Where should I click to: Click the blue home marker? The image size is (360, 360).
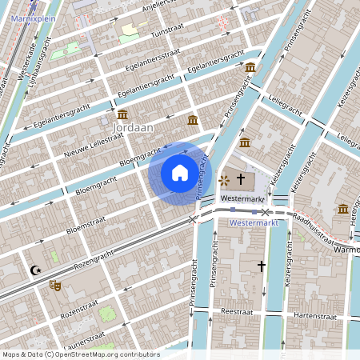click(180, 173)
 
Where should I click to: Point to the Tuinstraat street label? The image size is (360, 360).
click(168, 30)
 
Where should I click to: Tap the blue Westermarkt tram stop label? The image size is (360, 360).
click(253, 222)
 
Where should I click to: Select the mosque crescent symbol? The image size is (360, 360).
click(35, 270)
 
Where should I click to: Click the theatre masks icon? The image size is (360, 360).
click(55, 285)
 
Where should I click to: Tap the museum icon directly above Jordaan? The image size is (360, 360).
click(122, 114)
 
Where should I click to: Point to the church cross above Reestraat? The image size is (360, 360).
click(260, 265)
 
